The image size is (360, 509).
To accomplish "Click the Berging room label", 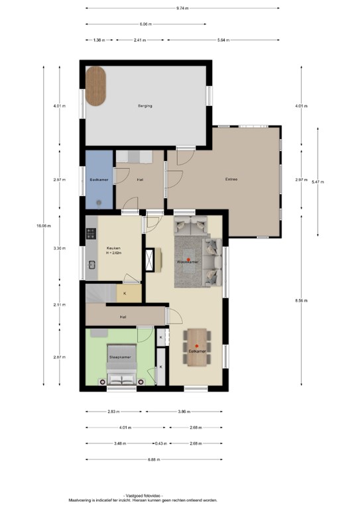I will pyautogui.click(x=145, y=106).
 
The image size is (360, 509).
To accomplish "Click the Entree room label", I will pyautogui.click(x=231, y=179).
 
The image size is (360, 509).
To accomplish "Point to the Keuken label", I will pyautogui.click(x=113, y=249).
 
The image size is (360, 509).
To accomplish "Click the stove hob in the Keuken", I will pyautogui.click(x=91, y=234).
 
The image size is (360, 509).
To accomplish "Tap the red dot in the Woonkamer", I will pyautogui.click(x=188, y=258).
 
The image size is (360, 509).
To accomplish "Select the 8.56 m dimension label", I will pyautogui.click(x=301, y=300).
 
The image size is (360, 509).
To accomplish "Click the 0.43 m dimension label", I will pyautogui.click(x=159, y=443).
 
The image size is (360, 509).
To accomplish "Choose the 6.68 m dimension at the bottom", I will pyautogui.click(x=154, y=459).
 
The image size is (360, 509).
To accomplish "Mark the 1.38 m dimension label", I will pyautogui.click(x=99, y=40).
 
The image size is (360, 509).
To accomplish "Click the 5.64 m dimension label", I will pyautogui.click(x=223, y=40).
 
